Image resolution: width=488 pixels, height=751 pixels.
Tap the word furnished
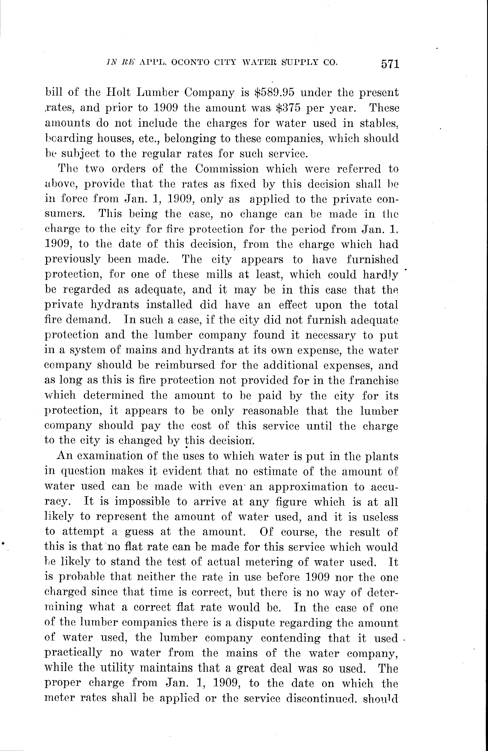(x=372, y=259)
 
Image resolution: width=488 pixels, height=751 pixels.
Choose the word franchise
(x=374, y=380)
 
